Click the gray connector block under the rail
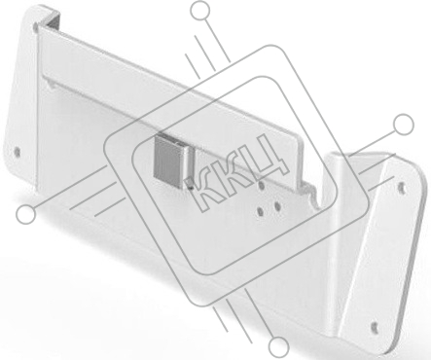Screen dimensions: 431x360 pos(169,160)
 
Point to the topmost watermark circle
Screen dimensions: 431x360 pos(200,11)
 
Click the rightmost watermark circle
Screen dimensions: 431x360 pos(404,124)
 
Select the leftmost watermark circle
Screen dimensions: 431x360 pos(26,214)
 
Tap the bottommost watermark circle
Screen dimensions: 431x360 pos(278,345)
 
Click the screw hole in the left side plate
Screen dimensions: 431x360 pos(17,152)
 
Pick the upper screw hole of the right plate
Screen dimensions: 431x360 pos(401,187)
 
